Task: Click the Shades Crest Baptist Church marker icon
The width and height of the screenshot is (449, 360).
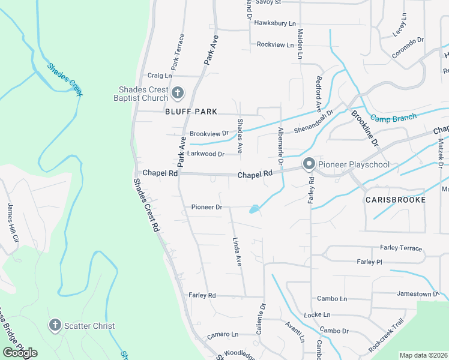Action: (x=177, y=92)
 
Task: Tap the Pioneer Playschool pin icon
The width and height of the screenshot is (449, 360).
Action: (x=309, y=164)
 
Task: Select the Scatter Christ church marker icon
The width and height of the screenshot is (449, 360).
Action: (x=55, y=325)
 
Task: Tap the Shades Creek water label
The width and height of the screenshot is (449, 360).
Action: (x=65, y=79)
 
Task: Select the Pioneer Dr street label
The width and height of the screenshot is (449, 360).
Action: (x=206, y=207)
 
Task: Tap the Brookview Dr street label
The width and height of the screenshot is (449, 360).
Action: (x=209, y=133)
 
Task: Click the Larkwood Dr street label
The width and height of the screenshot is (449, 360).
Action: (x=206, y=154)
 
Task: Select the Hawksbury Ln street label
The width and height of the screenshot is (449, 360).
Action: (x=275, y=23)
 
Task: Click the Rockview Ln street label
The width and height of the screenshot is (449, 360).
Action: (x=275, y=45)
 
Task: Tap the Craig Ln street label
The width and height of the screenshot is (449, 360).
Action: (x=160, y=76)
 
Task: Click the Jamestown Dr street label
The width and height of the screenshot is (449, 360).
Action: (x=418, y=294)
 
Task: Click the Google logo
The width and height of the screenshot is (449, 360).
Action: (x=20, y=352)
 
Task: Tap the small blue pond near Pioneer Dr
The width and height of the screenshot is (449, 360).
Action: (x=255, y=209)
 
